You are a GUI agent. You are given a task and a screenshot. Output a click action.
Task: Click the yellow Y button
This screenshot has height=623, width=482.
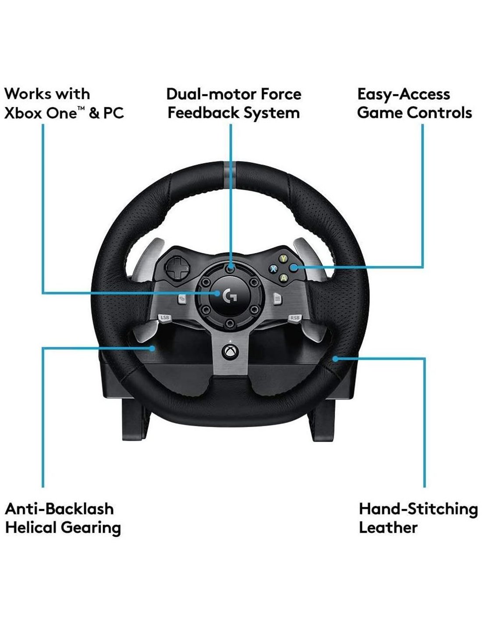[x=284, y=258]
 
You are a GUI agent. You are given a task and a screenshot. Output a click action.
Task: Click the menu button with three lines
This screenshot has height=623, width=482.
[x=277, y=299]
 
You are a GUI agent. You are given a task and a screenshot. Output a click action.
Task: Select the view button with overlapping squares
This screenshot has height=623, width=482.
[x=182, y=299]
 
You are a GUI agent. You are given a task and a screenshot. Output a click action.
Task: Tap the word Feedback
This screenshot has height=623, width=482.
[x=203, y=113]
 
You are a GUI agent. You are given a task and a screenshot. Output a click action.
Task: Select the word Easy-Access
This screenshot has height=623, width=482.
[x=404, y=95]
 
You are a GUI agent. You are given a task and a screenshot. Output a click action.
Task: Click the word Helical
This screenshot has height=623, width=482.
[x=31, y=527]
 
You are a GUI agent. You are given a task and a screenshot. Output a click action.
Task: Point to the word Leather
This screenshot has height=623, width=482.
[x=388, y=527]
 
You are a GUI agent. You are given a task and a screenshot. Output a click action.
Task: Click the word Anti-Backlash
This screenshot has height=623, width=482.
[x=59, y=509]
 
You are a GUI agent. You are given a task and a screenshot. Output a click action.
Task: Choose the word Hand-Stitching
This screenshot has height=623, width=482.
[x=418, y=510]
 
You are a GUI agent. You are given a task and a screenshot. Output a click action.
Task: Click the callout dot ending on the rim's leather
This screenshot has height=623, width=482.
[x=335, y=359]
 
